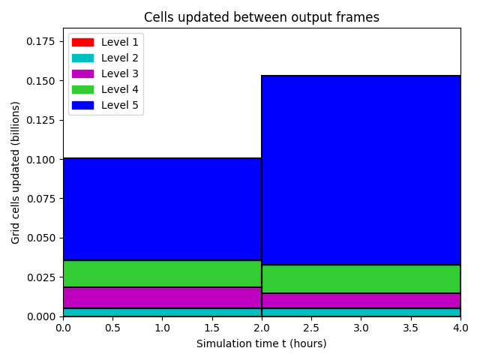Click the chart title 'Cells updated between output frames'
tap(262, 17)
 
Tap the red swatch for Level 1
tap(82, 42)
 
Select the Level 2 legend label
tap(120, 58)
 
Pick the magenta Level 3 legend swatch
tap(82, 73)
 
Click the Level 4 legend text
tap(120, 89)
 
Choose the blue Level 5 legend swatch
tap(82, 105)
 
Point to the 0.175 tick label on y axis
tap(40, 41)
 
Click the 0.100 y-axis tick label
tap(40, 160)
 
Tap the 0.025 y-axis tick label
tap(40, 277)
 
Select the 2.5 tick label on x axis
tap(311, 328)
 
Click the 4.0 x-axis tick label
tap(460, 328)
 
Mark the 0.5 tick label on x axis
tap(112, 328)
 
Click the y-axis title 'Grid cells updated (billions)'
tap(15, 172)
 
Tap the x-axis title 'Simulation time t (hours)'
tap(262, 343)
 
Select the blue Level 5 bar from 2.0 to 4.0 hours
tap(361, 170)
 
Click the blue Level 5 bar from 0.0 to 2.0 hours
tap(162, 209)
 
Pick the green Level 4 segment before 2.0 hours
tap(162, 274)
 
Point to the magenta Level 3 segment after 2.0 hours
tap(361, 301)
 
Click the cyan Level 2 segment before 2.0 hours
tap(162, 312)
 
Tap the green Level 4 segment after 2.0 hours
tap(361, 279)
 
